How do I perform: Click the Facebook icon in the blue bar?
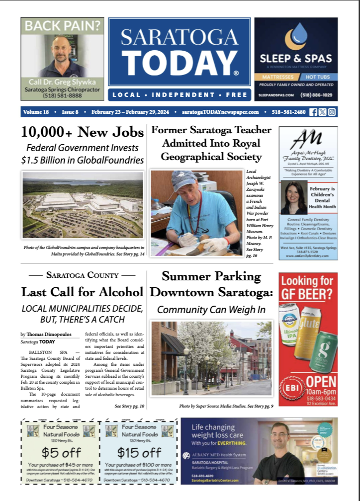click(x=313, y=112)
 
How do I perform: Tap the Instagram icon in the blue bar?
click(x=332, y=112)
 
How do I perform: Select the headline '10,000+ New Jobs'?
click(x=83, y=132)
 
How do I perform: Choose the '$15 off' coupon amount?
click(x=139, y=452)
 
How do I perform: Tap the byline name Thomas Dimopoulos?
click(x=51, y=334)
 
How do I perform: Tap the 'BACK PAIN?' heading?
click(x=62, y=25)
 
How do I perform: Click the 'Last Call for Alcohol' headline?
click(x=83, y=292)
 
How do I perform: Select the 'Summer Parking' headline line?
click(x=211, y=277)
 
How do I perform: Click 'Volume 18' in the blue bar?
click(x=36, y=112)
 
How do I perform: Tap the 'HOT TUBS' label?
click(x=319, y=77)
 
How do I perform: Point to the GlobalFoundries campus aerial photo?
click(x=83, y=205)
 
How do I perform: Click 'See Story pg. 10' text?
click(x=129, y=407)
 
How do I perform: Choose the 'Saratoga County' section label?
click(x=83, y=275)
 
